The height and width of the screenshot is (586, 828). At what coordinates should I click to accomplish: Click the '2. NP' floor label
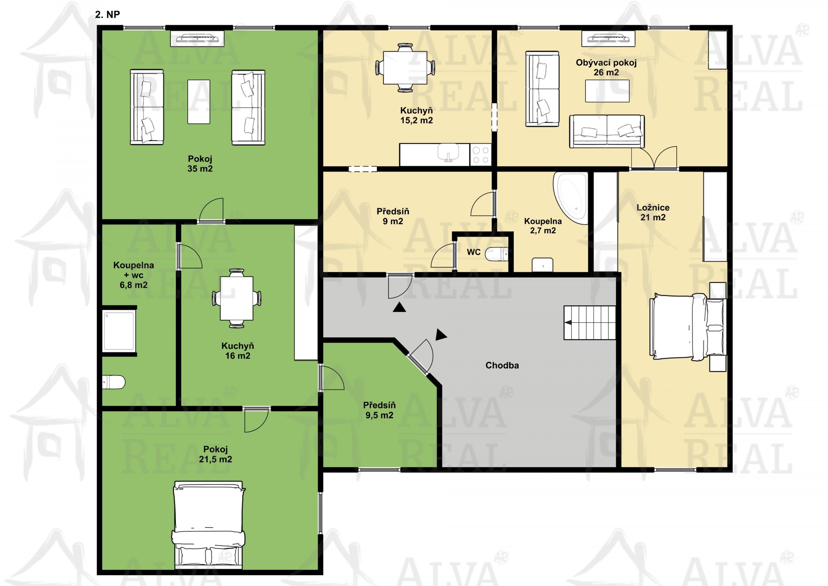pyautogui.click(x=107, y=15)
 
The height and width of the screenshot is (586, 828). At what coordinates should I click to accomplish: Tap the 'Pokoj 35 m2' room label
pyautogui.click(x=200, y=163)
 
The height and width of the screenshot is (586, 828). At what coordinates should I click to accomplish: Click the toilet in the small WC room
pyautogui.click(x=496, y=254)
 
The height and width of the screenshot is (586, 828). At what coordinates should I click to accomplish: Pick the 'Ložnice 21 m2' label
pyautogui.click(x=653, y=212)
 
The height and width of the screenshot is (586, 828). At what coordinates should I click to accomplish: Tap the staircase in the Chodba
pyautogui.click(x=589, y=323)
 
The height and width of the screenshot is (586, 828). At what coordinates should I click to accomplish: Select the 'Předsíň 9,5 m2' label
pyautogui.click(x=379, y=410)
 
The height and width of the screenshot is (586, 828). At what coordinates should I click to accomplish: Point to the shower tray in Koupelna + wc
pyautogui.click(x=119, y=331)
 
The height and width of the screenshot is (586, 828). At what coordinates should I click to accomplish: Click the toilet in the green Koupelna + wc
pyautogui.click(x=114, y=382)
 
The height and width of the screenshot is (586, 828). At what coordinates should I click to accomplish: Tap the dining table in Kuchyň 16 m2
pyautogui.click(x=236, y=298)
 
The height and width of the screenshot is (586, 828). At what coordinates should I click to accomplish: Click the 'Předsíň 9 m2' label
pyautogui.click(x=393, y=216)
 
